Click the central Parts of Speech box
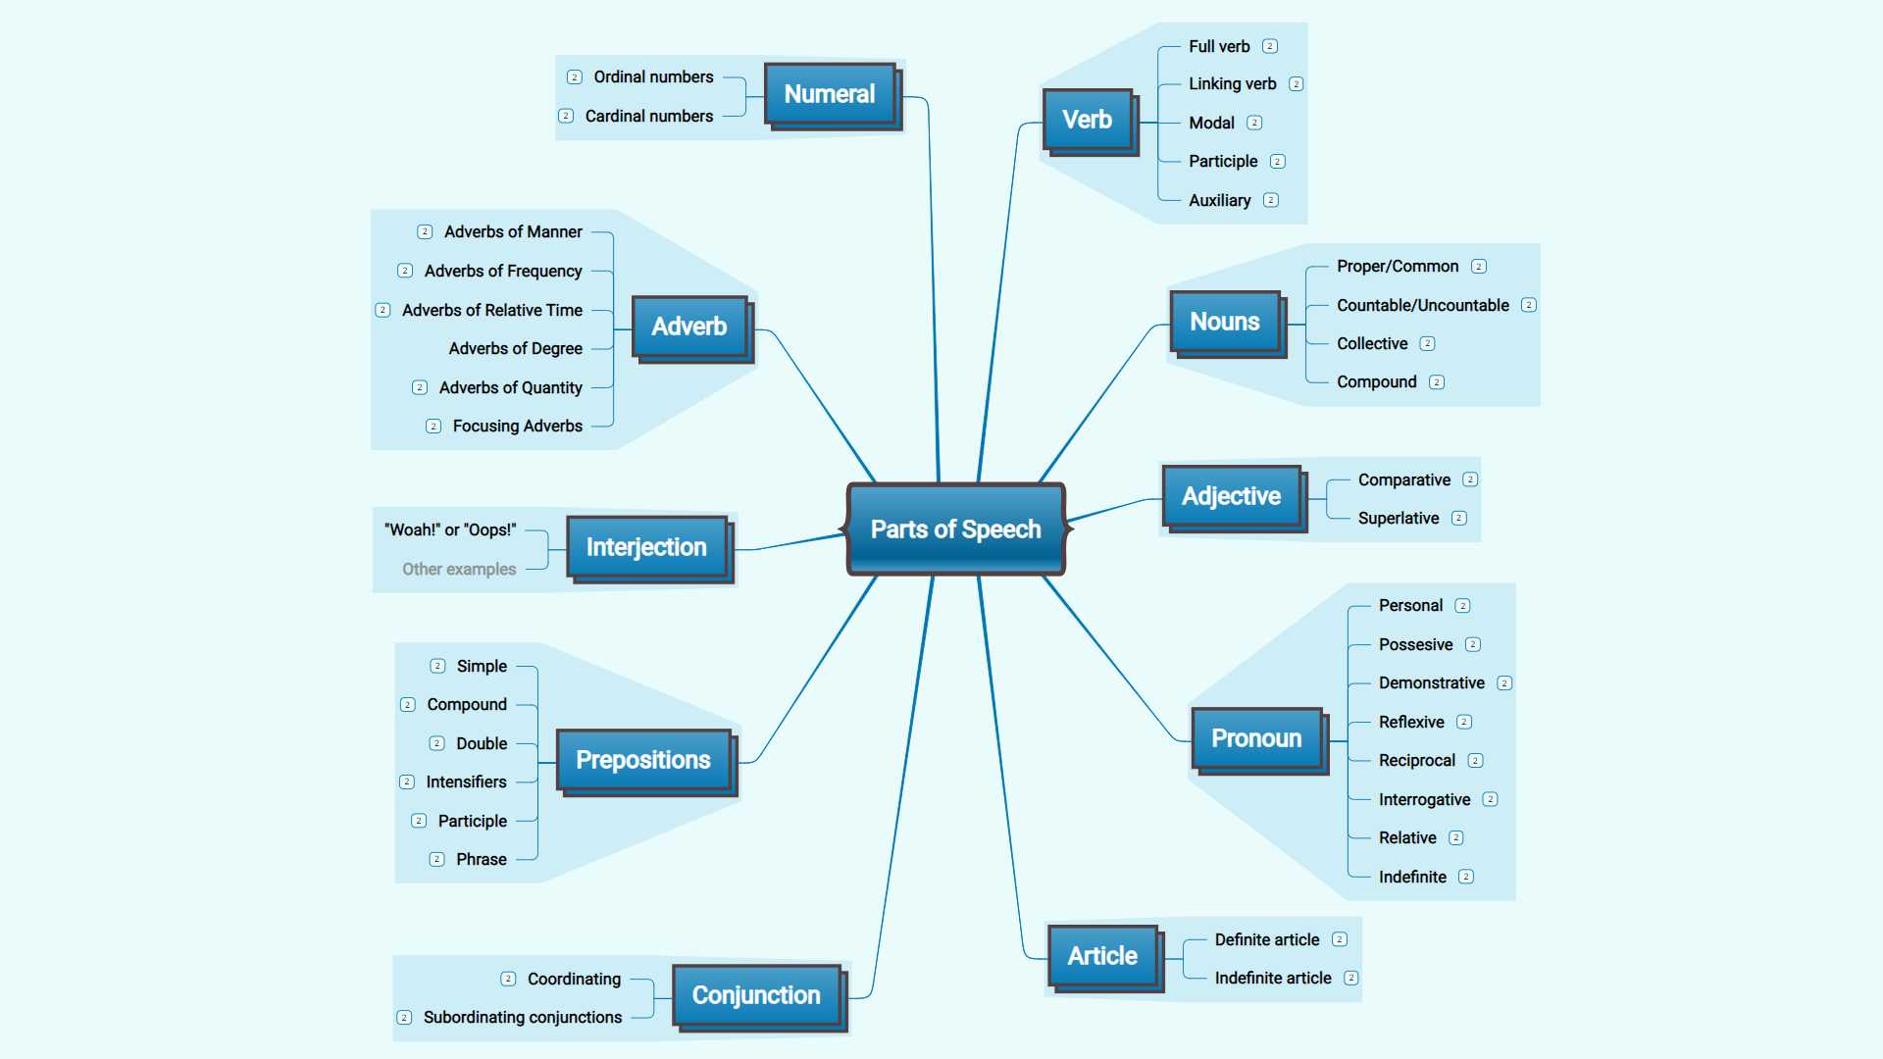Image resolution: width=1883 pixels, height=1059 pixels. [x=955, y=529]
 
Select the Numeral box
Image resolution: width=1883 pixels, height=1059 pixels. [x=830, y=94]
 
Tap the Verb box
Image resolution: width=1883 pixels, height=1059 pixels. [x=1087, y=120]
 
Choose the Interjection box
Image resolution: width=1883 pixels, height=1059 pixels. [x=646, y=547]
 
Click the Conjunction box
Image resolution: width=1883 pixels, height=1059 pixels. [x=756, y=995]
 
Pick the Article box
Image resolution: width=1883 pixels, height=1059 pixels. [x=1102, y=956]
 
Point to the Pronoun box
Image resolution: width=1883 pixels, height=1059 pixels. [x=1256, y=738]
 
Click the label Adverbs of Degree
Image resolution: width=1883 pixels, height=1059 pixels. [x=515, y=349]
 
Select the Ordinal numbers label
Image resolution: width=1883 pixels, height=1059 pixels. [x=653, y=77]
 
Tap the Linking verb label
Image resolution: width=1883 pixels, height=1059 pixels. [x=1232, y=84]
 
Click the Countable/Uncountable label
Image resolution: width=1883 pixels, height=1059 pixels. [x=1422, y=306]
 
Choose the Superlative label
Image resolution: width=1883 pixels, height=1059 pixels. [x=1398, y=519]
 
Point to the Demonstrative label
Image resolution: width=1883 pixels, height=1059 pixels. [x=1431, y=683]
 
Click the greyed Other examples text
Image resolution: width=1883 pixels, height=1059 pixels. [x=459, y=570]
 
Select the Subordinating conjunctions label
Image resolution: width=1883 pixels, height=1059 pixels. [x=522, y=1018]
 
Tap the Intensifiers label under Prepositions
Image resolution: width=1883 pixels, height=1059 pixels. [x=466, y=782]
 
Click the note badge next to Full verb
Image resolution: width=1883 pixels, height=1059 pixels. [x=1270, y=46]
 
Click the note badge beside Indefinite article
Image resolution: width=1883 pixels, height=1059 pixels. [x=1351, y=978]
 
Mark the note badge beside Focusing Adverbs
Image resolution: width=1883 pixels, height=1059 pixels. [x=433, y=427]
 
